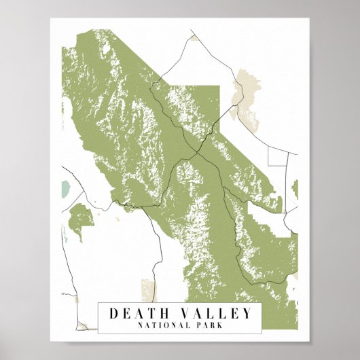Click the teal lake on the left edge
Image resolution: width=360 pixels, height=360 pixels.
tap(65, 188)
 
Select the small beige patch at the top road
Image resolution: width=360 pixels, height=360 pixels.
tap(195, 37)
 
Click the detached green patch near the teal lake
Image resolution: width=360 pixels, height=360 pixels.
tap(81, 221)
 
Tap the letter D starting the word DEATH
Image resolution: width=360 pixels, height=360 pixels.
tap(114, 313)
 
